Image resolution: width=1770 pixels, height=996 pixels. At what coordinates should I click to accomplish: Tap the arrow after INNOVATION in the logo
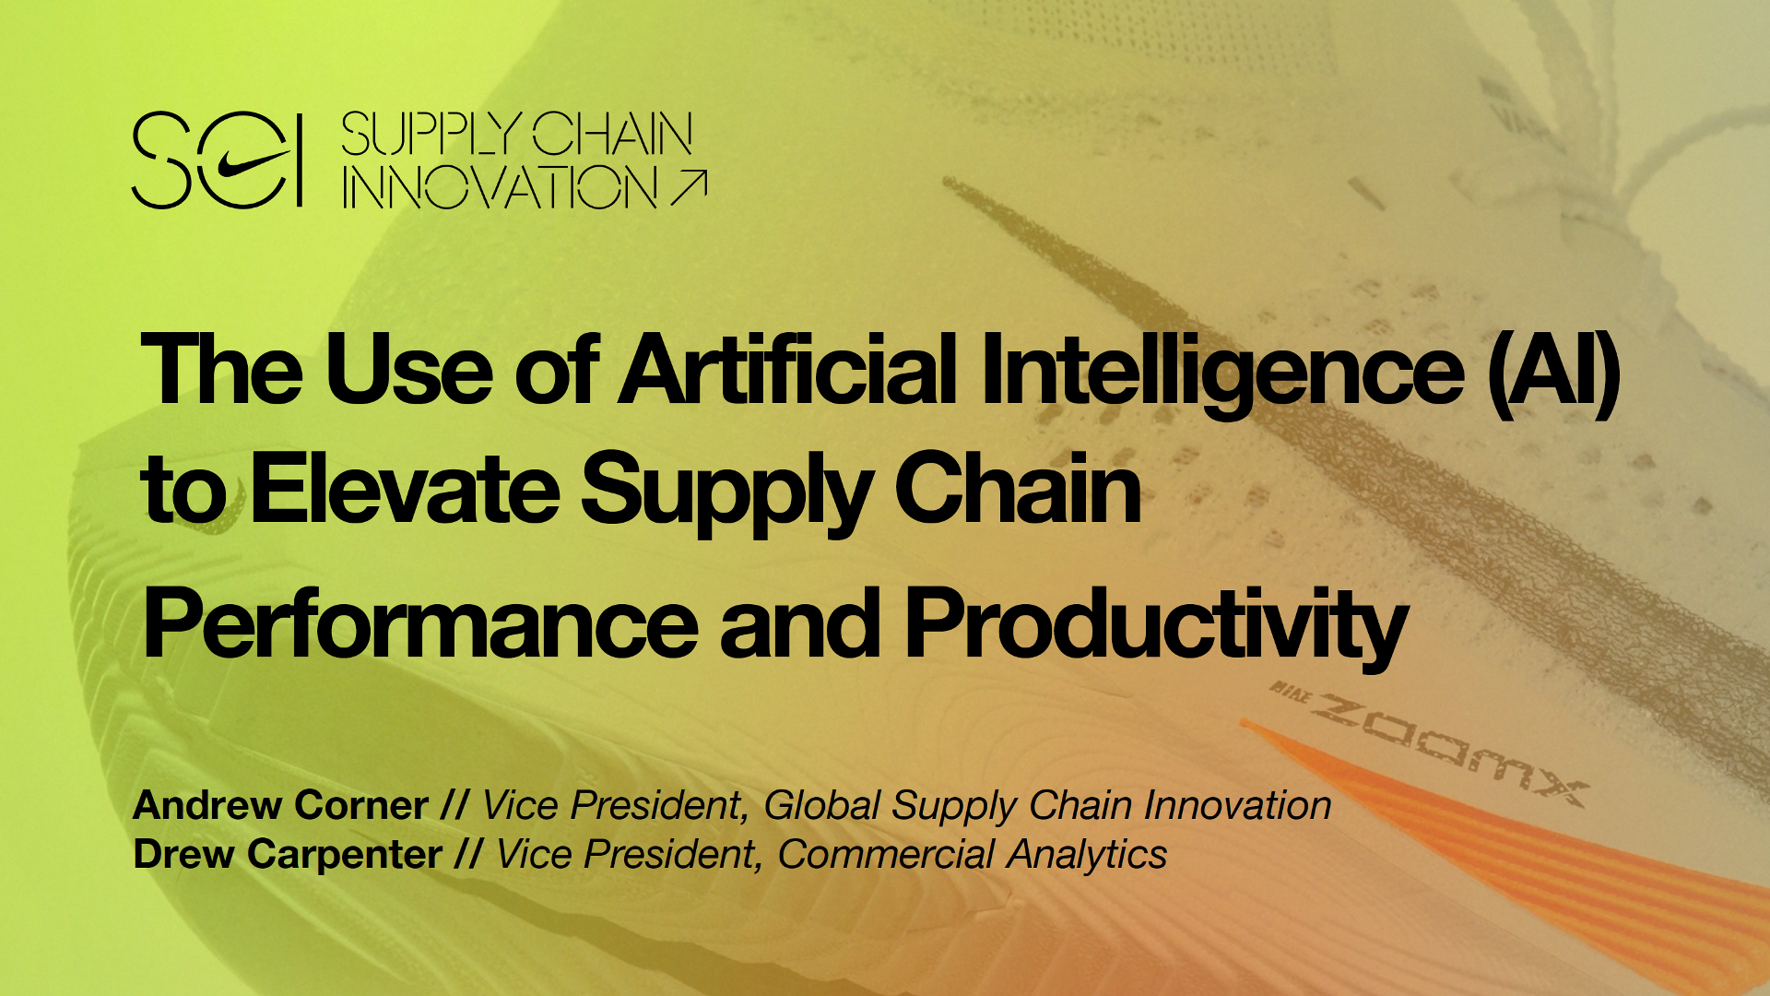point(689,187)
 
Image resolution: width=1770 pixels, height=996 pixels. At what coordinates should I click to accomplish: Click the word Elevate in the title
point(405,489)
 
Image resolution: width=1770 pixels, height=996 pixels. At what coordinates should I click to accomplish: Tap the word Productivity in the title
point(1156,627)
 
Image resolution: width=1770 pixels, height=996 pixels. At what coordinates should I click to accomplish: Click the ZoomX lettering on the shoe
point(1447,749)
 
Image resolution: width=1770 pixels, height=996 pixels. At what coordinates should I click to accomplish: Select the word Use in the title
point(407,371)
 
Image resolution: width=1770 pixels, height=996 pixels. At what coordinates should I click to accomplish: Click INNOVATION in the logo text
point(500,187)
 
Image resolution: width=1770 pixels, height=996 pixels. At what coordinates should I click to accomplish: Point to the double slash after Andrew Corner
point(454,805)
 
